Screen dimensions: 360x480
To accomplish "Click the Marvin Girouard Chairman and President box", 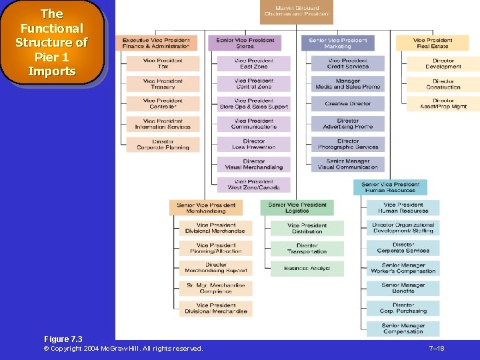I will (x=297, y=11).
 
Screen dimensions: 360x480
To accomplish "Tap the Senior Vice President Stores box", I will (x=245, y=43).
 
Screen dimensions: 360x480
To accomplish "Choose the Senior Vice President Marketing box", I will (x=338, y=43).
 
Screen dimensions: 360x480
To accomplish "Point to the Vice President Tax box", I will (x=163, y=64).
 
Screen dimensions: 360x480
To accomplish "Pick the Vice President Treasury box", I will (x=163, y=84).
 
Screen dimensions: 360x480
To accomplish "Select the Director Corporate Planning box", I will (x=163, y=145).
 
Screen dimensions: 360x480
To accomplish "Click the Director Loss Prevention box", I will (x=253, y=145).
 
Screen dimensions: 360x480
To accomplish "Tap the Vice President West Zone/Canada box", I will (x=253, y=185).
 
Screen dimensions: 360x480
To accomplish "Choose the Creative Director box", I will (x=348, y=104).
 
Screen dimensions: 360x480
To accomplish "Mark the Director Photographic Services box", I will (x=348, y=145).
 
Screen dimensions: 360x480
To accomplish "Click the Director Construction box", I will (x=443, y=84).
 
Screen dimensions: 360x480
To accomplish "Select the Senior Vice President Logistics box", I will (x=297, y=208).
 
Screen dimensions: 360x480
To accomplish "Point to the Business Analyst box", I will (x=307, y=269).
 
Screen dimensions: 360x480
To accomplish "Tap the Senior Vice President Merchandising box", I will (x=206, y=208).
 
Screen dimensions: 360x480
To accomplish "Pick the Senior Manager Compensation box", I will (x=403, y=329).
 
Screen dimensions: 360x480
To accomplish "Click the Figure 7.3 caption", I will (x=63, y=339).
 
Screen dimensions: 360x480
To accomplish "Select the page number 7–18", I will (x=437, y=349).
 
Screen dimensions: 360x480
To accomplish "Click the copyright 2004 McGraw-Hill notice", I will (x=123, y=349).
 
